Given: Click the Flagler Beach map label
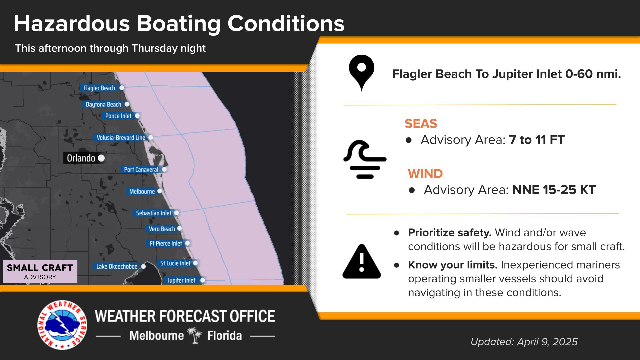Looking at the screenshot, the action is [99, 88].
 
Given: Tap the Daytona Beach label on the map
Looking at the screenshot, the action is [103, 104].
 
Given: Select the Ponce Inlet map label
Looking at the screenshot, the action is [118, 116].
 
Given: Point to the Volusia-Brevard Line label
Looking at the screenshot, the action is [121, 137].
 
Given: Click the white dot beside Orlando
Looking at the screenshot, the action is [101, 158].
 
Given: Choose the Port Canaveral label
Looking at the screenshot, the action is [141, 169].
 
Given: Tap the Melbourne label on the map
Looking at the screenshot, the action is [142, 191].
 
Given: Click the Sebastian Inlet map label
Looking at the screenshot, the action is [153, 213].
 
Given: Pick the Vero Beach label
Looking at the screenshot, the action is [162, 229].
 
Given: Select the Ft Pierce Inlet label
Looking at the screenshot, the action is [166, 243].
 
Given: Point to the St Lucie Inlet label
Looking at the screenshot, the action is [175, 263].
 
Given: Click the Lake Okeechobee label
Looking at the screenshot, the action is [117, 266].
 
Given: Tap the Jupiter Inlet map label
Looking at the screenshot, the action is [181, 280].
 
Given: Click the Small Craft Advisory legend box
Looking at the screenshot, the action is [40, 271].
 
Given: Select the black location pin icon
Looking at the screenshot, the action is [362, 73].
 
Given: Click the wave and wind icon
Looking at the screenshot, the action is [365, 159].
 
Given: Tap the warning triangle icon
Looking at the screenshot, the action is [362, 262].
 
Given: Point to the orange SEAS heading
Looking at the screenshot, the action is [421, 124].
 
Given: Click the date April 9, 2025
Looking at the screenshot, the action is [547, 342].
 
